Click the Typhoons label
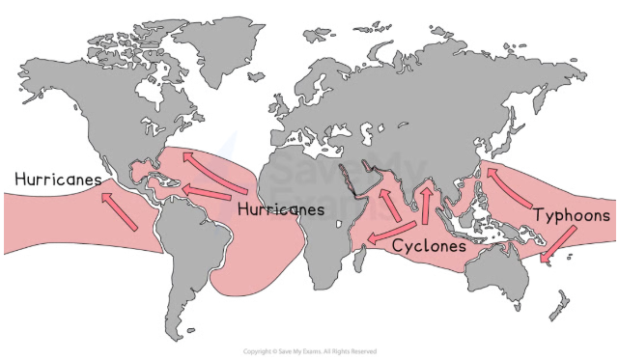pos(573,214)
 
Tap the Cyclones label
pos(429,246)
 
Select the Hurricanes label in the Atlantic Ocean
pos(280,208)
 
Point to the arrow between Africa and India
pos(385,201)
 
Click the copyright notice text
pos(308,351)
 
